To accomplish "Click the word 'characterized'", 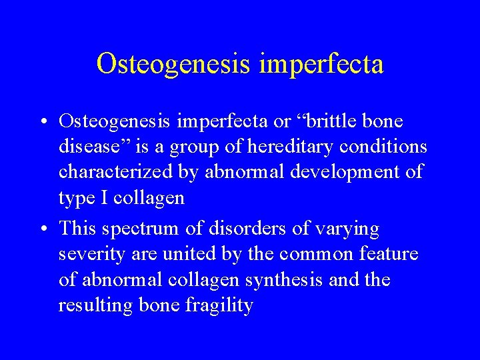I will click(115, 172).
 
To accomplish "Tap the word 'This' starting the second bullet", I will click(77, 229).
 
